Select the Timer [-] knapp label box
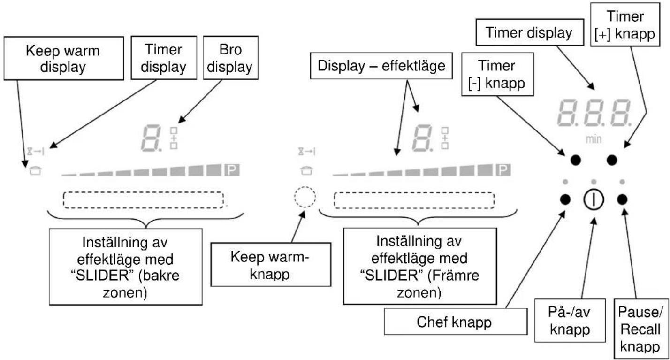(x=497, y=74)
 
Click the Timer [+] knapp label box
(x=625, y=24)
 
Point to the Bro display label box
(x=231, y=58)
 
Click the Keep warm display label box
(x=64, y=58)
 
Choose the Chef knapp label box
(x=456, y=322)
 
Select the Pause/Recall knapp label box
(x=641, y=329)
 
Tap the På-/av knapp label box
(x=570, y=320)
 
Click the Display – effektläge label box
(x=381, y=66)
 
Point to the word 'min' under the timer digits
(x=594, y=139)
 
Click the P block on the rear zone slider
(x=232, y=170)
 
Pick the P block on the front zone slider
(x=503, y=170)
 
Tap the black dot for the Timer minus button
(x=576, y=160)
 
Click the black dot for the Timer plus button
(x=612, y=160)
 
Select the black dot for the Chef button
(x=565, y=199)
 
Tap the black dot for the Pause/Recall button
(x=623, y=199)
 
